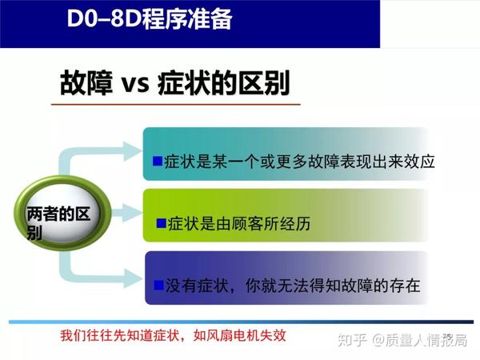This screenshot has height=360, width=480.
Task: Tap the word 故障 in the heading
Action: click(87, 83)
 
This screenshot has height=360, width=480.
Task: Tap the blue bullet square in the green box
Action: click(161, 223)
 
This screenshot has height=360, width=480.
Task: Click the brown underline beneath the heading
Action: click(180, 104)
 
